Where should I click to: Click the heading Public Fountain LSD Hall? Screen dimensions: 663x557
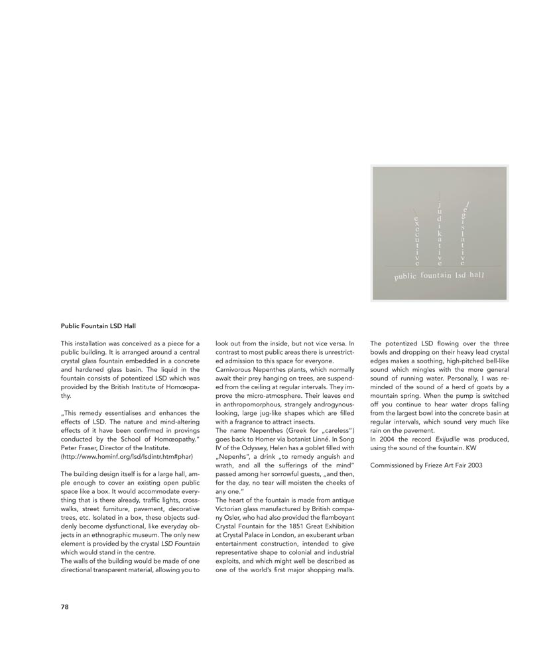[97, 326]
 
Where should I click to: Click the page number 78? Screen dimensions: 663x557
[65, 606]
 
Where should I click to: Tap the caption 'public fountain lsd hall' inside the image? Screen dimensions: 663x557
[439, 275]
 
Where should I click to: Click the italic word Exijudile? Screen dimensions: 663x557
[448, 440]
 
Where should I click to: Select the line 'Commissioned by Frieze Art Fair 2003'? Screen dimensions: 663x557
[426, 465]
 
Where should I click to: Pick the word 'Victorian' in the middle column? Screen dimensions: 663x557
[231, 508]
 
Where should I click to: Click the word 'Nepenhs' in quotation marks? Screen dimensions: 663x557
[231, 457]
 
